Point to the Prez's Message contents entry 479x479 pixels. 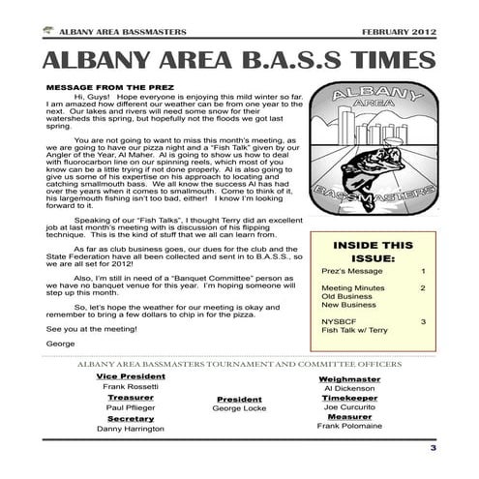[x=349, y=274]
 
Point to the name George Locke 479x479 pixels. [x=239, y=408]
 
